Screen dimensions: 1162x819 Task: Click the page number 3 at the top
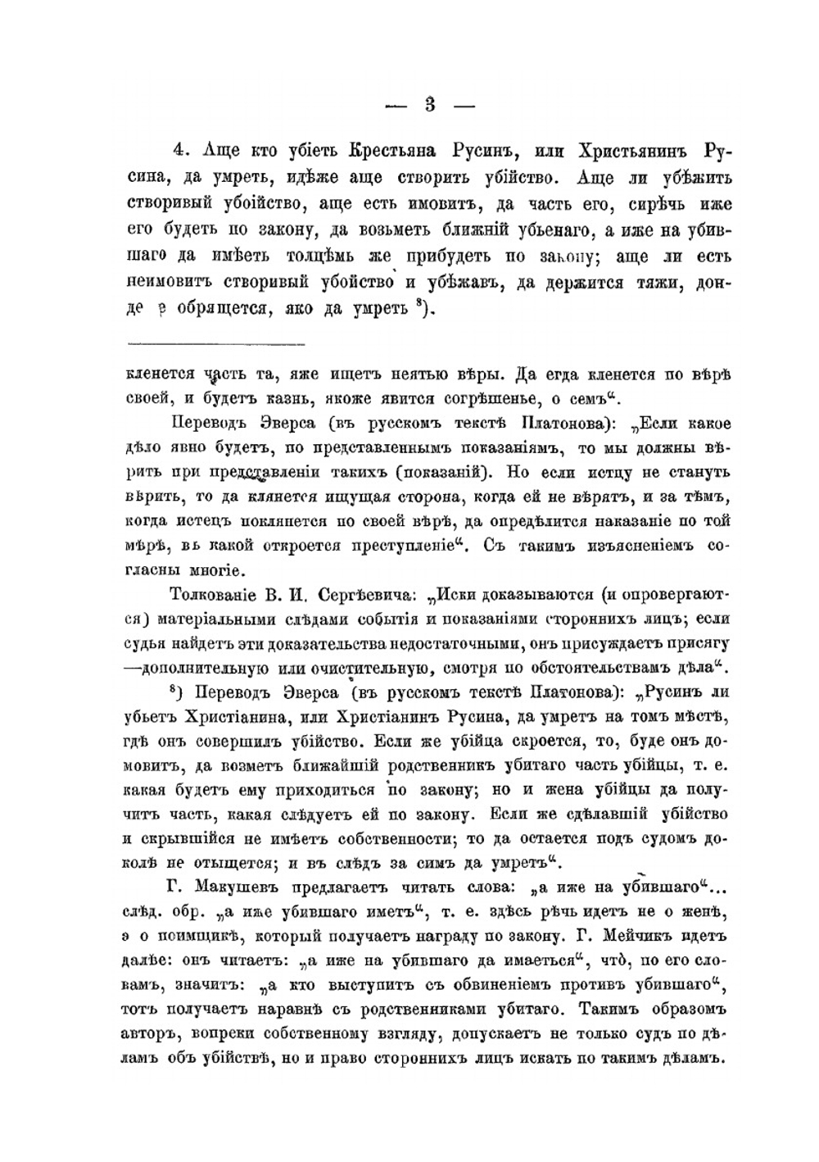429,104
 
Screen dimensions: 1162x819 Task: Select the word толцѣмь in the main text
318,256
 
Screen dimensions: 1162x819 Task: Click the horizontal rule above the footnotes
216,343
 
